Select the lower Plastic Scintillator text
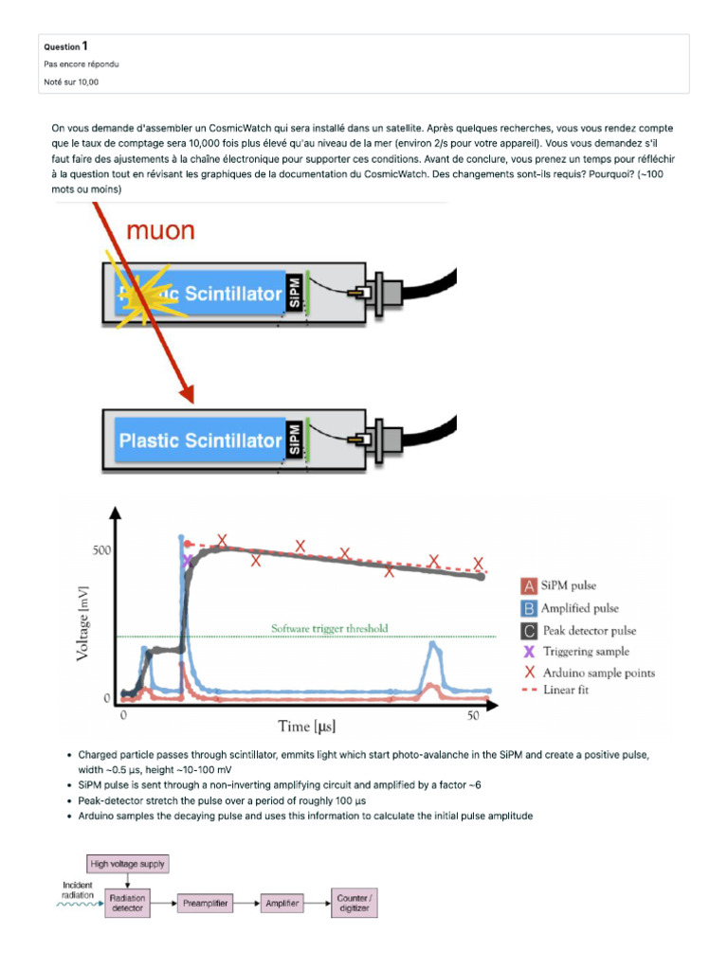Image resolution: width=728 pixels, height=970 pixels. click(x=201, y=440)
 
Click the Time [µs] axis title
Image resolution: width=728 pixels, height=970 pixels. click(x=305, y=727)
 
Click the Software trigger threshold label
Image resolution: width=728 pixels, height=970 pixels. click(x=329, y=628)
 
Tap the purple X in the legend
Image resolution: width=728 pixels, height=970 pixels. click(x=529, y=652)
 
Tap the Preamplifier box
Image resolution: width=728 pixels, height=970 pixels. click(x=207, y=904)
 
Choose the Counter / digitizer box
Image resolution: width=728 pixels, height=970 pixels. click(x=353, y=904)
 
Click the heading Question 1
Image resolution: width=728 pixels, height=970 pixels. click(x=65, y=45)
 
